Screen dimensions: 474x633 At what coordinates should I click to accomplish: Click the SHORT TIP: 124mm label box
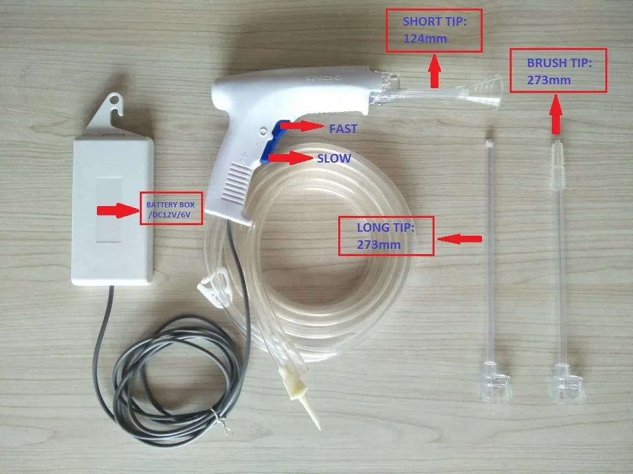(x=434, y=31)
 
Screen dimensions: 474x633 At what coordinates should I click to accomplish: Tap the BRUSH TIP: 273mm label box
(x=558, y=70)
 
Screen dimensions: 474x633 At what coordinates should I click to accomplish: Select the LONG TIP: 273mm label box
(x=386, y=236)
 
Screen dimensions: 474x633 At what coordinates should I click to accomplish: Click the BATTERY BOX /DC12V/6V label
(x=171, y=209)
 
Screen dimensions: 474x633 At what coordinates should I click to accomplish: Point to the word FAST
(x=343, y=128)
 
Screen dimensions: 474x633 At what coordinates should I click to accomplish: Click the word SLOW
(x=334, y=159)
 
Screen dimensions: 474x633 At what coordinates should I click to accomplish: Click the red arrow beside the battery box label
(x=116, y=211)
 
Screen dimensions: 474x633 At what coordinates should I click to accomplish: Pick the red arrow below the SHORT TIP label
(x=435, y=71)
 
